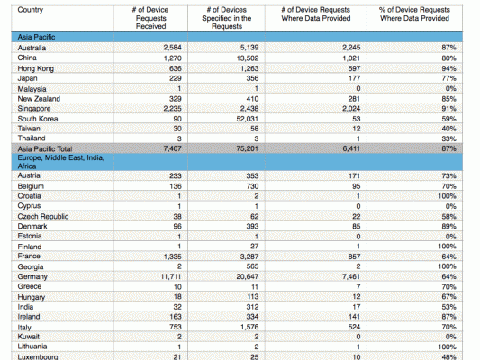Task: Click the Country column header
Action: (31, 10)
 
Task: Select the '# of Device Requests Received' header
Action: (150, 18)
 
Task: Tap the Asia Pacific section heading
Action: (36, 37)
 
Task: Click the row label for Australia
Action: (32, 48)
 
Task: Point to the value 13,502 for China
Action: (248, 58)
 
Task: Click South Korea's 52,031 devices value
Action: (248, 119)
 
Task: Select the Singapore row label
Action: (34, 109)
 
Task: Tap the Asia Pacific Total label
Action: (45, 149)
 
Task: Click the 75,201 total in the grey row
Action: (248, 148)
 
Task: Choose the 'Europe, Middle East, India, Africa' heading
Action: (61, 162)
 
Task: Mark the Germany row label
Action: (32, 277)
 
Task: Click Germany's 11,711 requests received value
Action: (171, 277)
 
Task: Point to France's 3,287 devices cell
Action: (249, 256)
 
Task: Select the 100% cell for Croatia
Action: (447, 196)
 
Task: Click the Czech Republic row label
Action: (43, 217)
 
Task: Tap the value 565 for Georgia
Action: (252, 266)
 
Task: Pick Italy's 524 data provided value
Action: (354, 327)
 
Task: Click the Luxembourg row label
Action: (38, 356)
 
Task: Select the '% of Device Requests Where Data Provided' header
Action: (414, 14)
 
